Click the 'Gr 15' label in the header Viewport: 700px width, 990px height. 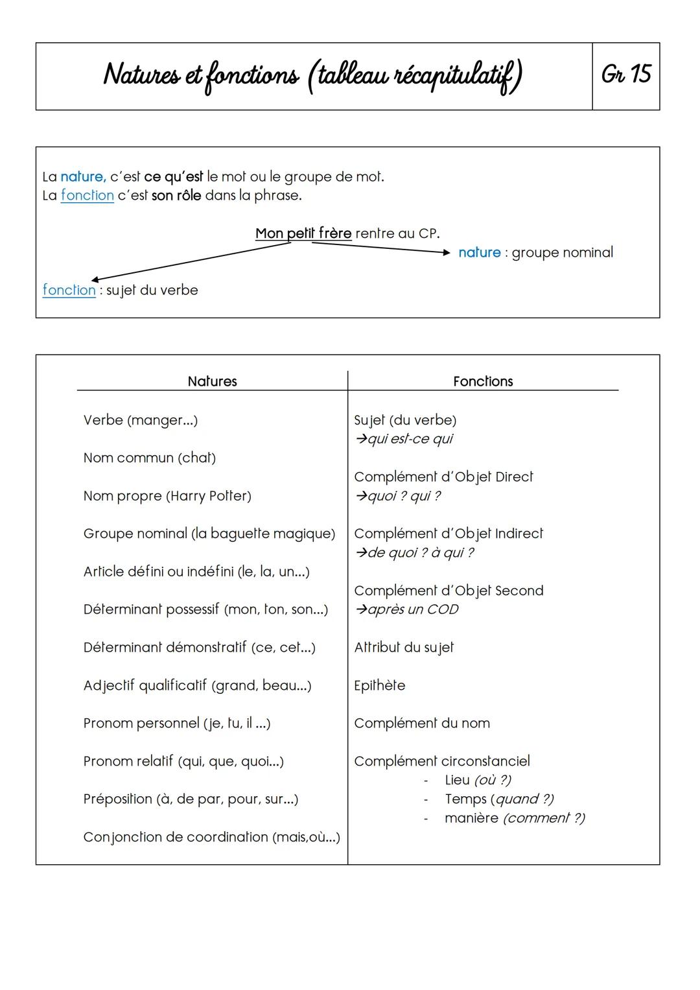625,75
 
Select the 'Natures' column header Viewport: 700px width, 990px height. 212,381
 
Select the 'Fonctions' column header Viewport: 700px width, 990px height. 483,381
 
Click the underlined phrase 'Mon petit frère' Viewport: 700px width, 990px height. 303,233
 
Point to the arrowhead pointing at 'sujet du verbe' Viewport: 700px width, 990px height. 95,279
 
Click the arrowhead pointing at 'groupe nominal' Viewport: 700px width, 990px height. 446,253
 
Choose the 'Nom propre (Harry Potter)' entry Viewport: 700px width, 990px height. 167,496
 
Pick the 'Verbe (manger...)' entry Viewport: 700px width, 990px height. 141,420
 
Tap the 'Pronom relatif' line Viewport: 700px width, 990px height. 183,761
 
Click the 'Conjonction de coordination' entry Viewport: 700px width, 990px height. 211,837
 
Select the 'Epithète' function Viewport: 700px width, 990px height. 379,685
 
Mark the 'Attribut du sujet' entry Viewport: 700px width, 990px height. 404,648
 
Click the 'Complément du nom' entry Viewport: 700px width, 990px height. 422,723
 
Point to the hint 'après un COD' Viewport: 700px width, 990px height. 406,609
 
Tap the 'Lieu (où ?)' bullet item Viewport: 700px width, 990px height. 478,780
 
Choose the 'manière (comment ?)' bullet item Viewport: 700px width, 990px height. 515,818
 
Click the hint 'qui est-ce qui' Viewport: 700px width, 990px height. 404,439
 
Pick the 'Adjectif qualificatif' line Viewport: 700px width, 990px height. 197,685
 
